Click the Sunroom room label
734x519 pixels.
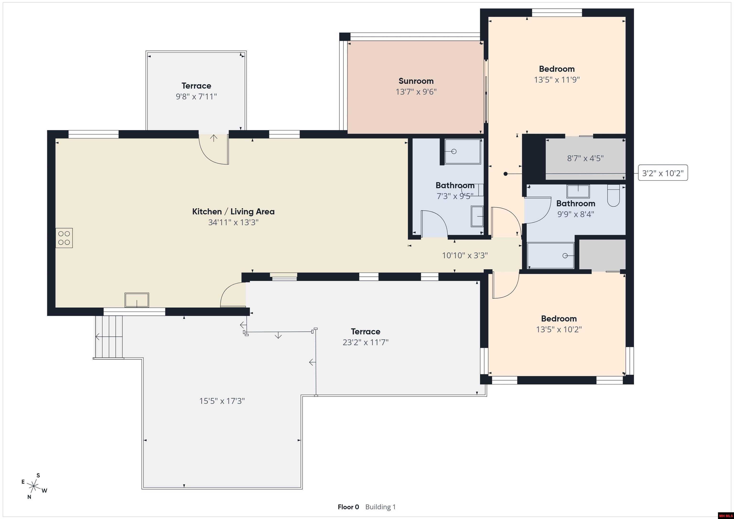(x=416, y=81)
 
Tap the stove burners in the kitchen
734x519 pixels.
(x=64, y=238)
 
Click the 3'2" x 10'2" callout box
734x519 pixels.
(x=663, y=173)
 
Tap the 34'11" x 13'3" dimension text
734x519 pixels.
(x=233, y=222)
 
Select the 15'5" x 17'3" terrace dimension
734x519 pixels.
(x=222, y=401)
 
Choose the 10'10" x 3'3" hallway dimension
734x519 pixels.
(x=465, y=256)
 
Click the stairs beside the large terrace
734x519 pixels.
(x=109, y=337)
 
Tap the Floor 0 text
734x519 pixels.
(x=348, y=507)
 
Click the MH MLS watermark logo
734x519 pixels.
(x=725, y=515)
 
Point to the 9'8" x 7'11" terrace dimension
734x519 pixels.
(x=196, y=96)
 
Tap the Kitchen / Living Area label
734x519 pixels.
(x=233, y=212)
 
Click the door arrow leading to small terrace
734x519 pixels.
(x=214, y=138)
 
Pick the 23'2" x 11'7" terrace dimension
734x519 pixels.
(x=365, y=342)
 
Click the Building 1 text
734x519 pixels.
(x=380, y=507)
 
